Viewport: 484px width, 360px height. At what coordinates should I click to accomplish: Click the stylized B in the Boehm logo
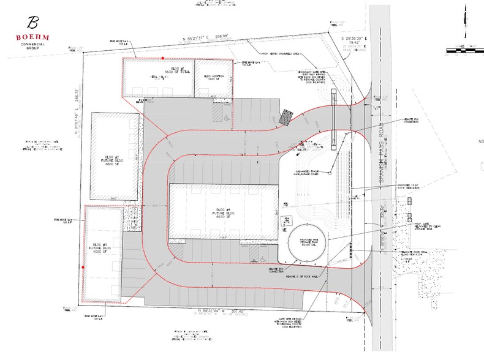(32, 23)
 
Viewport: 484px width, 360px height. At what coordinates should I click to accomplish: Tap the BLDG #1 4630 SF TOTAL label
(159, 71)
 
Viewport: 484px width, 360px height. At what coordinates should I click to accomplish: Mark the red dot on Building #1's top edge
(162, 58)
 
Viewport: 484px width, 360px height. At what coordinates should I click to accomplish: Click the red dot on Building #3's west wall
(83, 268)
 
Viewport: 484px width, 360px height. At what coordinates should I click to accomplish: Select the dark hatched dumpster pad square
(286, 118)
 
